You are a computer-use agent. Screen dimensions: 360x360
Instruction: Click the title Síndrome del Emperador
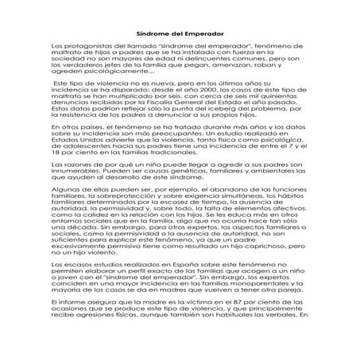(x=180, y=34)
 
